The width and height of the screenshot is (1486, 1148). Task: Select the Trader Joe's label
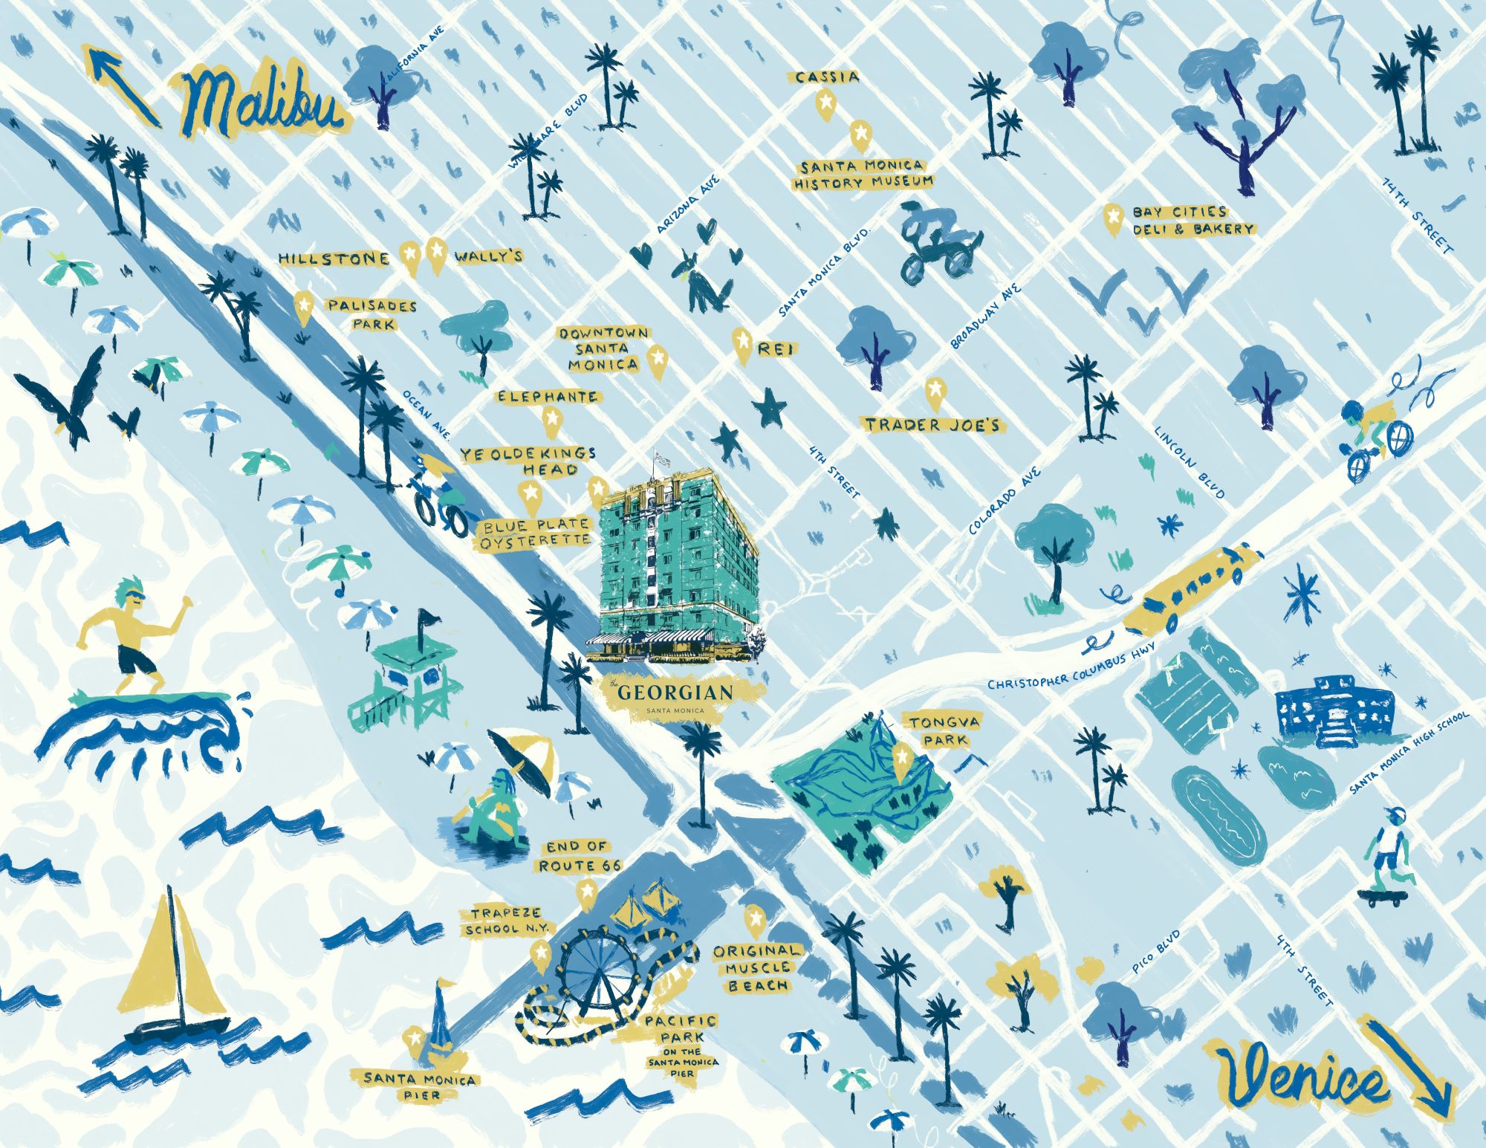(932, 425)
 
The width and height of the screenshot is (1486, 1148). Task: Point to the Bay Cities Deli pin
(1112, 219)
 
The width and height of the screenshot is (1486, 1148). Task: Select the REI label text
(776, 348)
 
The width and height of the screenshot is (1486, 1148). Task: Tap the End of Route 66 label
(579, 856)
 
